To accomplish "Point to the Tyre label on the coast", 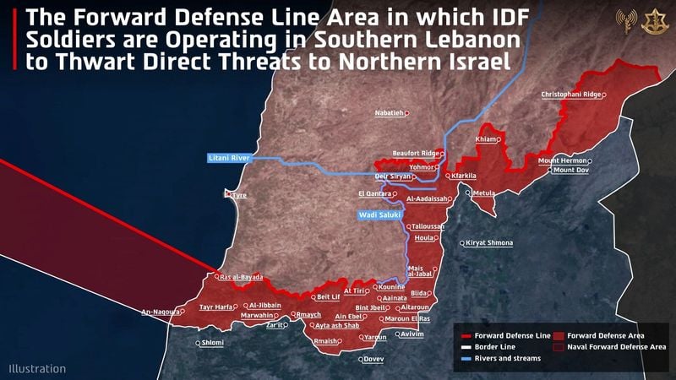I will click(239, 195).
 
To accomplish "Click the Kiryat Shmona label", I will click(488, 243).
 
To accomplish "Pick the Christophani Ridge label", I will click(571, 95).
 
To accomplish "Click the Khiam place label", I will click(487, 139).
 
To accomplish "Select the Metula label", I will click(484, 193).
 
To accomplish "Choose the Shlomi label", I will click(213, 343).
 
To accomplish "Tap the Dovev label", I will click(373, 359).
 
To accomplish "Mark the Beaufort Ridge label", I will click(416, 153).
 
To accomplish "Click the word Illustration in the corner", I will click(37, 368).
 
